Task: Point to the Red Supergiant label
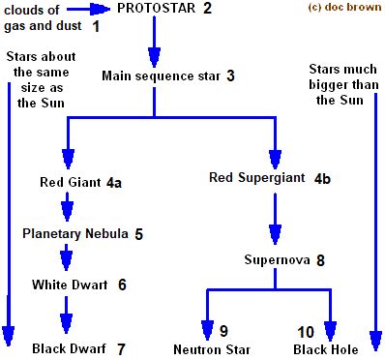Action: pos(257,178)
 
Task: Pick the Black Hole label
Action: pos(326,347)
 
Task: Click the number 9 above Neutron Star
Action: pos(222,331)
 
